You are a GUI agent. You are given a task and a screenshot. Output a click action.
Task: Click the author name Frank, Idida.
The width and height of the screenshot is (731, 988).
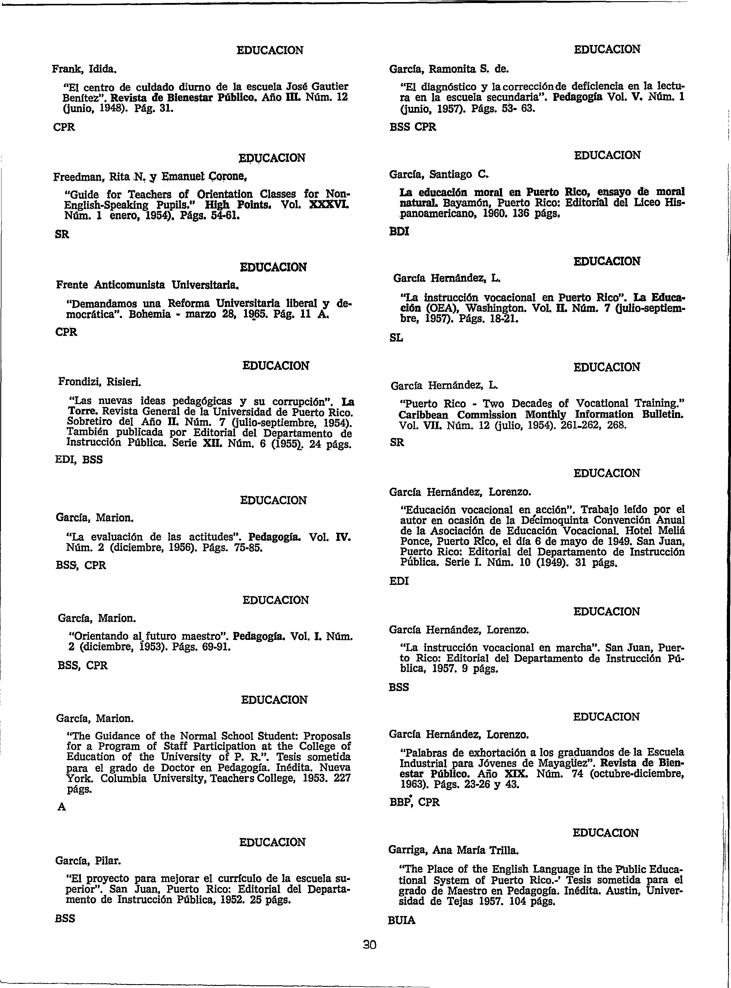[x=84, y=69]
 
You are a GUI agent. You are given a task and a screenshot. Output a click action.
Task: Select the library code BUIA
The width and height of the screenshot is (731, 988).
[x=401, y=920]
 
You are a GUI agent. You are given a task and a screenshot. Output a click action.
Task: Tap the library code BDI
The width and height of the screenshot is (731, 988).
[x=399, y=231]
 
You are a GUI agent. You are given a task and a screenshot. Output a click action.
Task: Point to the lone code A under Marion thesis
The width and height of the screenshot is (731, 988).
[x=62, y=807]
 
